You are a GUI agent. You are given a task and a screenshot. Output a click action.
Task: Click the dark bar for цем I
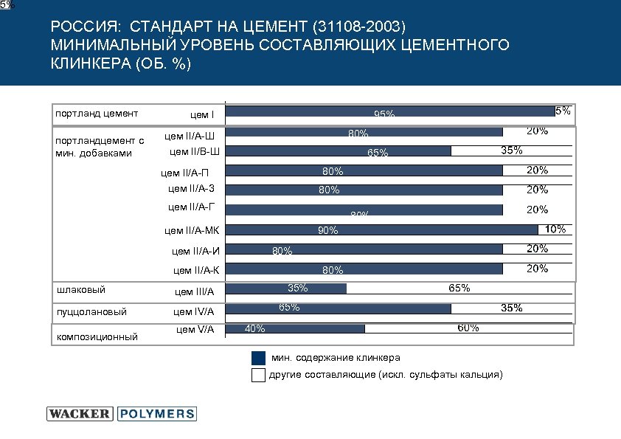coord(384,111)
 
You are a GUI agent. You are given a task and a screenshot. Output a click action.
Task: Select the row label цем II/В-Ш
coord(195,153)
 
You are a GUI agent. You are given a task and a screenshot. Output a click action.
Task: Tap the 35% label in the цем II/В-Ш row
coord(511,151)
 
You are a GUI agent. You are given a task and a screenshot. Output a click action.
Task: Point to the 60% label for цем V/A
coord(468,327)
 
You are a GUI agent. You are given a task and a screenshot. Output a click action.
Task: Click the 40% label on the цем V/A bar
coord(254,329)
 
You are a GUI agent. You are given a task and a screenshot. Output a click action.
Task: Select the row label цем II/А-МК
coord(192,231)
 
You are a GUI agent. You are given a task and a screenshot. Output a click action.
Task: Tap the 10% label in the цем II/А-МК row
coord(555,229)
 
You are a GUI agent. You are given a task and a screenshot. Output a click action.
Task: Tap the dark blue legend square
coord(258,358)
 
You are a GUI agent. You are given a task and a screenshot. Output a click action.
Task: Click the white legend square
coord(258,375)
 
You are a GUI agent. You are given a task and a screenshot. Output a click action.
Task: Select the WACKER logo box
coord(80,414)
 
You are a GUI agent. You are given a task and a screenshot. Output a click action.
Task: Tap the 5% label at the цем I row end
coord(562,111)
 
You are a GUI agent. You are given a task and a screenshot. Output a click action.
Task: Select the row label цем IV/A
coord(194,312)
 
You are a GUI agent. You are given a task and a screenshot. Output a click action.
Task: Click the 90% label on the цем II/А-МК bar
coord(327,231)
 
